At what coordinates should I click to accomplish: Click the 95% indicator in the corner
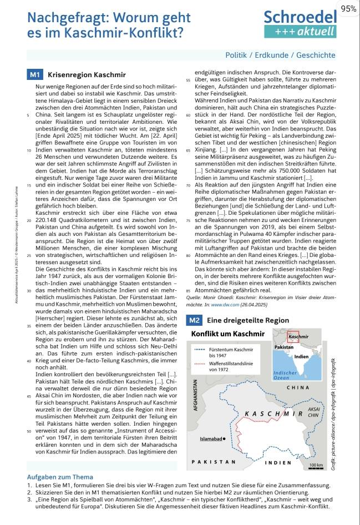pos(348,8)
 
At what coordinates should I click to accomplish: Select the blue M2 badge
pos(194,320)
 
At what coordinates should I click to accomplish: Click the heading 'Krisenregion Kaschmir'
pos(87,74)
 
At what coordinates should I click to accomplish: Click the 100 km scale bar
pos(316,465)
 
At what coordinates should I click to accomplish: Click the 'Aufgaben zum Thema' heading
pos(60,477)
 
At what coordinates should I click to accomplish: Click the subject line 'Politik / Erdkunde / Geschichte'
pos(288,55)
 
